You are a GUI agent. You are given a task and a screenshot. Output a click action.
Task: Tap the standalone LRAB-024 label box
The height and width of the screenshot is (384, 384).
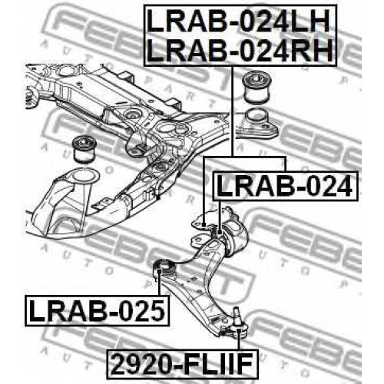pyautogui.click(x=285, y=187)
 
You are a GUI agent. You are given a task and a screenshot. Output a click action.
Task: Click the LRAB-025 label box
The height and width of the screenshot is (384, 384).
pyautogui.click(x=97, y=311)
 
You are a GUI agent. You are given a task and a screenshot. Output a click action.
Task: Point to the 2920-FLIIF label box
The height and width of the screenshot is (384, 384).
pyautogui.click(x=183, y=363)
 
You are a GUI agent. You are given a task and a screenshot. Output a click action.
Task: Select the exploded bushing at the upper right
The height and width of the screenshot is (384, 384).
pyautogui.click(x=257, y=88)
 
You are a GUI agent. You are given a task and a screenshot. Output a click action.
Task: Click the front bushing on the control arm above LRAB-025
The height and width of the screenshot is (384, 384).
pyautogui.click(x=164, y=270)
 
